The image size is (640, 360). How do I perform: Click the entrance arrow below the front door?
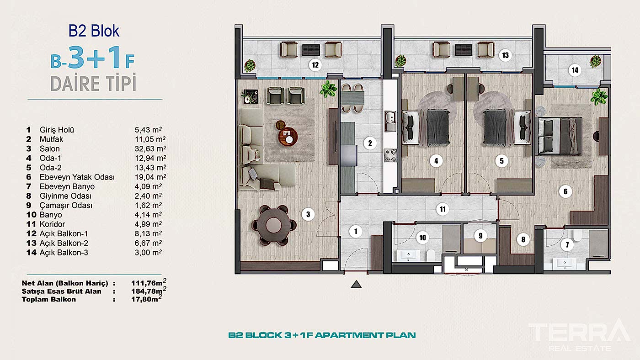coord(356,285)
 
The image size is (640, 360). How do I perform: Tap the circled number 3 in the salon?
coord(308,213)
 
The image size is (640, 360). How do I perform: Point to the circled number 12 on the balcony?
coord(315,65)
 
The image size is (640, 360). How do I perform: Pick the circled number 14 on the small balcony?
coord(575,70)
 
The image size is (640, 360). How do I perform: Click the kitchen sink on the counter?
coord(390,119)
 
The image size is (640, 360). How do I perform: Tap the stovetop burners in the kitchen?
coord(390,155)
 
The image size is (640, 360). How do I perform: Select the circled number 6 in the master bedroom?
coord(565,191)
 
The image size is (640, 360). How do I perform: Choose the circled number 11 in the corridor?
coord(442,210)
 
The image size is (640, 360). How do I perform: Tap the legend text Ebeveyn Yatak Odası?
coord(77,177)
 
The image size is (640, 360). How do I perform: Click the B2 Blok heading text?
coord(94,31)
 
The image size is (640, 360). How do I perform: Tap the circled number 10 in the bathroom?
coord(422,237)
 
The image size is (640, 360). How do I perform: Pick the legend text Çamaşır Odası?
coord(66,205)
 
